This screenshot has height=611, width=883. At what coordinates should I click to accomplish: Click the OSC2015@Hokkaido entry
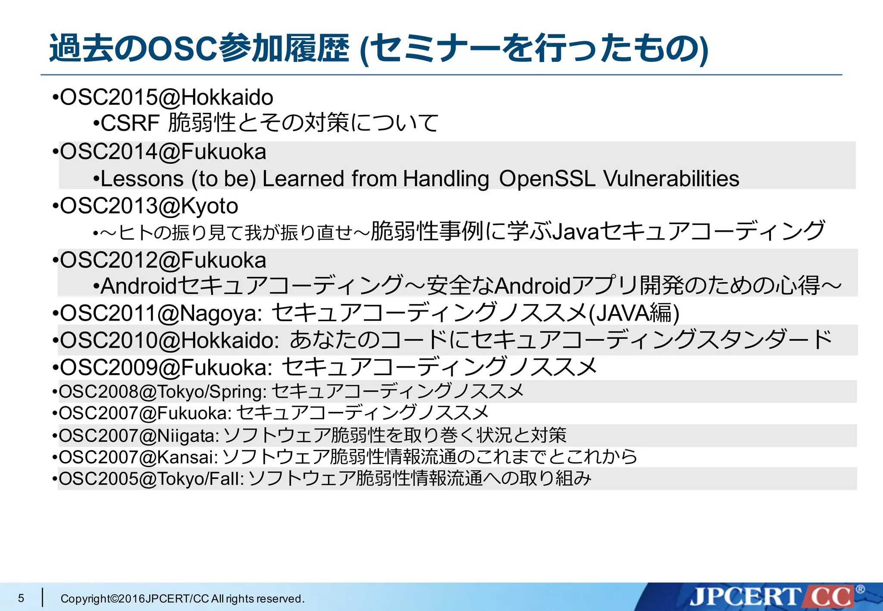[166, 97]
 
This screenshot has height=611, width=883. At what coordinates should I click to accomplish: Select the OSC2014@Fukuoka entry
[163, 152]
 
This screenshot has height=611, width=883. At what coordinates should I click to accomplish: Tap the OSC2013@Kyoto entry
[149, 206]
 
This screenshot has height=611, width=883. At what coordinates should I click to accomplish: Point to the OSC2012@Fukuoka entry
[163, 260]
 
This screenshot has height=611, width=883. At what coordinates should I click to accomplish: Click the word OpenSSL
[547, 179]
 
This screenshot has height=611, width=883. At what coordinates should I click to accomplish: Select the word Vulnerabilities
[671, 179]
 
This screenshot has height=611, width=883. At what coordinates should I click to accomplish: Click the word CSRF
[130, 123]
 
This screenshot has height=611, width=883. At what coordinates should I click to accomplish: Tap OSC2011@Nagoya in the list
[161, 313]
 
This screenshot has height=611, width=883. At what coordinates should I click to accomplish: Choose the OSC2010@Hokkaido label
[169, 340]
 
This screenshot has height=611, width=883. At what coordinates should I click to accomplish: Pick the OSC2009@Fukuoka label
[166, 368]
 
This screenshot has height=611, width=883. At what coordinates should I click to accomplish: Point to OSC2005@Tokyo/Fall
[151, 479]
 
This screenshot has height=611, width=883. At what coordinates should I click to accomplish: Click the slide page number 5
[21, 598]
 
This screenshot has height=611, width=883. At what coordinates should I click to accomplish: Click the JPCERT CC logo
[772, 597]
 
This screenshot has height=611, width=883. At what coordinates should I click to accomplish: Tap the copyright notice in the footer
[182, 599]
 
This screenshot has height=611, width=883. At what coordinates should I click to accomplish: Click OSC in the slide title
[182, 48]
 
